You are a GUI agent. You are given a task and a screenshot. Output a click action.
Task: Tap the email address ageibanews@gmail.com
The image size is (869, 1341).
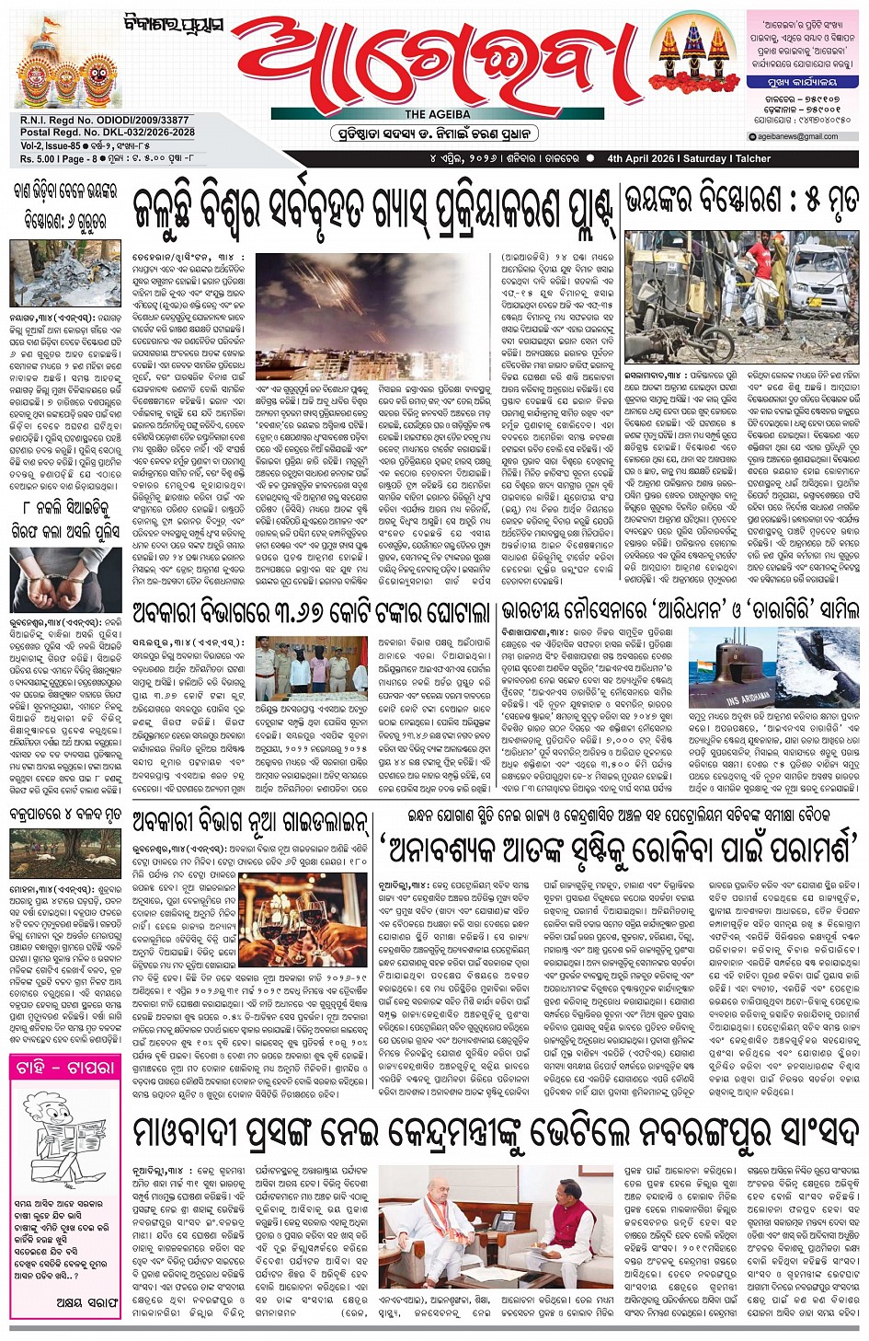[797, 136]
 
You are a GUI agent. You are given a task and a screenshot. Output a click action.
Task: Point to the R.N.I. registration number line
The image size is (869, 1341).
[104, 121]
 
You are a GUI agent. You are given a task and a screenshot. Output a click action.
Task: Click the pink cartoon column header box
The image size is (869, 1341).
[64, 1069]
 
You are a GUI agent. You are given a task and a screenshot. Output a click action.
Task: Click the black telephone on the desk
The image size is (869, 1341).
[503, 1225]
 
